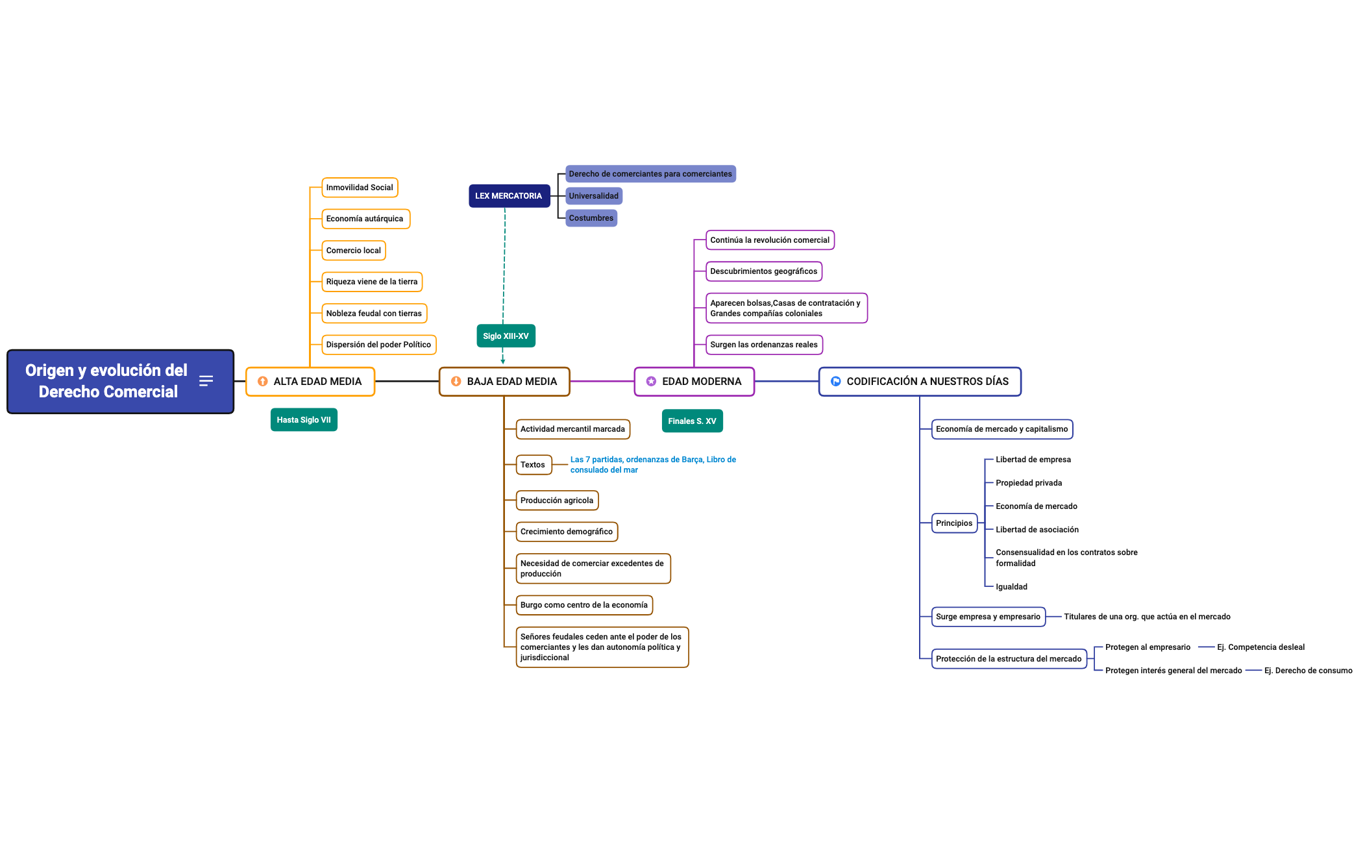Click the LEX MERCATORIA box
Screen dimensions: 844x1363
(509, 196)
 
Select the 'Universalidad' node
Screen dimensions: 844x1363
(593, 196)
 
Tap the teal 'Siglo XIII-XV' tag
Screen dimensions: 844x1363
(506, 336)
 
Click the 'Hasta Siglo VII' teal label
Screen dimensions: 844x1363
(304, 420)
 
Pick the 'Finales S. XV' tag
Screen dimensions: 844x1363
(692, 421)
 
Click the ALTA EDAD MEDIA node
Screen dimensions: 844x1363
(310, 382)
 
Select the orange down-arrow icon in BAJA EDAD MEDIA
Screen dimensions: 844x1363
(456, 382)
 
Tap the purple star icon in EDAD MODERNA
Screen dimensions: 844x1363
(651, 382)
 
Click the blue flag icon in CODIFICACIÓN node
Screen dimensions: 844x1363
(836, 382)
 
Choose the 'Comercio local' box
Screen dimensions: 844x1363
(354, 251)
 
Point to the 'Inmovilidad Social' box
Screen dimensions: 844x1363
(360, 188)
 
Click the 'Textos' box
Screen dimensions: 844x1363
(534, 465)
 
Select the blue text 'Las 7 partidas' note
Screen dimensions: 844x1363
(652, 465)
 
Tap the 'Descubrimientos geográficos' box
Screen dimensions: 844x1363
(763, 271)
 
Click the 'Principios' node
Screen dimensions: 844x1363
(954, 523)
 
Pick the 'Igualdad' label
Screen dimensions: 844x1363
(1011, 587)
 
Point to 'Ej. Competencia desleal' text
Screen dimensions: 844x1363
(1260, 647)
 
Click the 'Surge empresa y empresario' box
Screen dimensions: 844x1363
(988, 617)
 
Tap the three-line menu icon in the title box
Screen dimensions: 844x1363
(206, 381)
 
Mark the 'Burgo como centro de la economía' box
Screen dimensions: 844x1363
(584, 605)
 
